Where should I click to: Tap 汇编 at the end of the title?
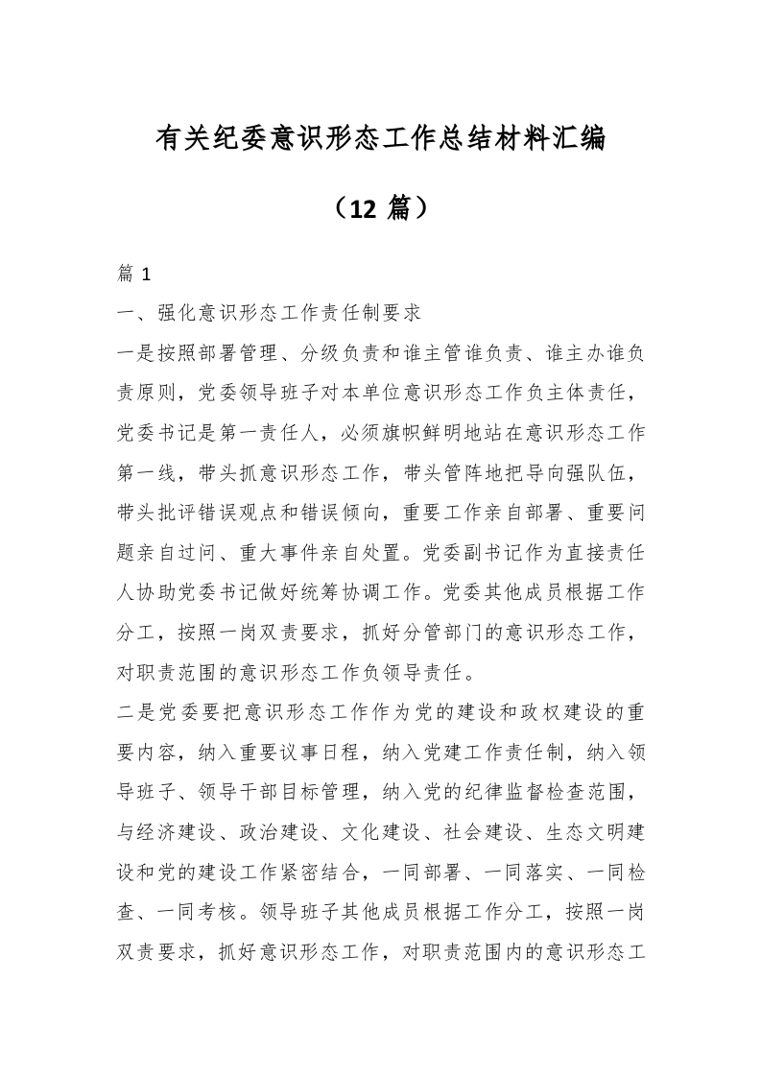click(578, 140)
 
